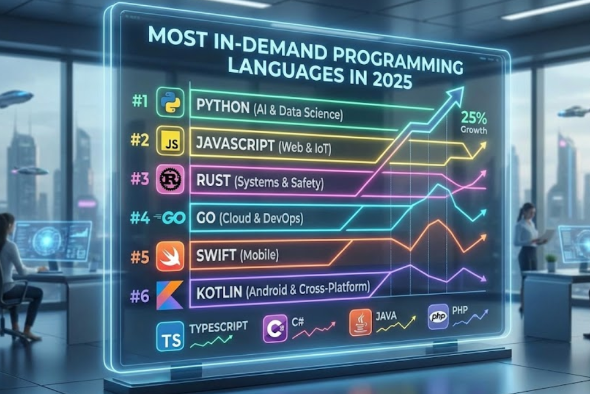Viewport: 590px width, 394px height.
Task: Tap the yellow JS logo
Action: point(170,141)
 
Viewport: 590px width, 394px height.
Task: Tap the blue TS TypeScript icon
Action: point(170,336)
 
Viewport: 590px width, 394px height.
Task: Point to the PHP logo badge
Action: point(438,317)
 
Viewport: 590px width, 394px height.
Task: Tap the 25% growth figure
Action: point(474,119)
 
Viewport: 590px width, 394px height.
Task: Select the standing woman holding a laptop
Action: point(527,242)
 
